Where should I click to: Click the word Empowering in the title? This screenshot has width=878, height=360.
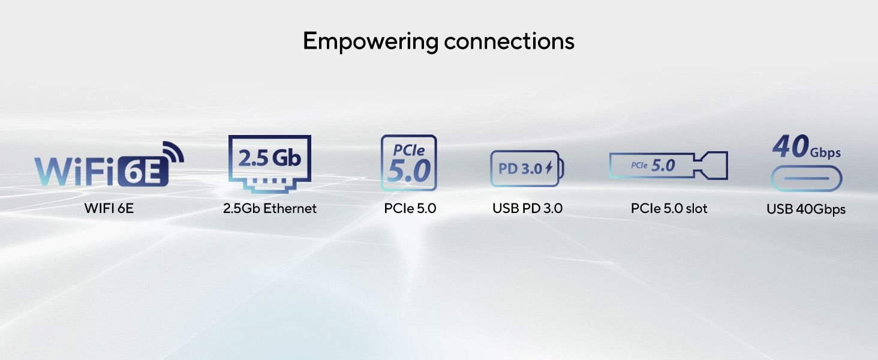[371, 41]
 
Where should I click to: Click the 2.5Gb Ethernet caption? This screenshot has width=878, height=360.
[270, 209]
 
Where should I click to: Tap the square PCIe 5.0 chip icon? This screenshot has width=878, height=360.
[409, 163]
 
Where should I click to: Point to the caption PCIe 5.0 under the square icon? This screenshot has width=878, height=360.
[410, 209]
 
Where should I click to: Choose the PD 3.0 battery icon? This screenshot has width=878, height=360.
[527, 169]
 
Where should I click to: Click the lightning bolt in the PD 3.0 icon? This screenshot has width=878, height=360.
[548, 169]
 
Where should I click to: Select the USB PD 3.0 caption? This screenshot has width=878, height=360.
[528, 209]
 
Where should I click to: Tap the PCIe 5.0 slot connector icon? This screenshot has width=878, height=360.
[669, 166]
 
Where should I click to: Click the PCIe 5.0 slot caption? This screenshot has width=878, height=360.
[669, 209]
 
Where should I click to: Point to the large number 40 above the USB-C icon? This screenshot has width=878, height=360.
[790, 147]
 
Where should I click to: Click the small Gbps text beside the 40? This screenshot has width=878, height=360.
[825, 153]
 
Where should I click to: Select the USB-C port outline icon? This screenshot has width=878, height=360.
[806, 179]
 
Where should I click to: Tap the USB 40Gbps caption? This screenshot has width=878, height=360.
[806, 209]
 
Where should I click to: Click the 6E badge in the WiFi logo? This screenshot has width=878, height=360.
[145, 171]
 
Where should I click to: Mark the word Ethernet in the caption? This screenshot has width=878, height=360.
[290, 209]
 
